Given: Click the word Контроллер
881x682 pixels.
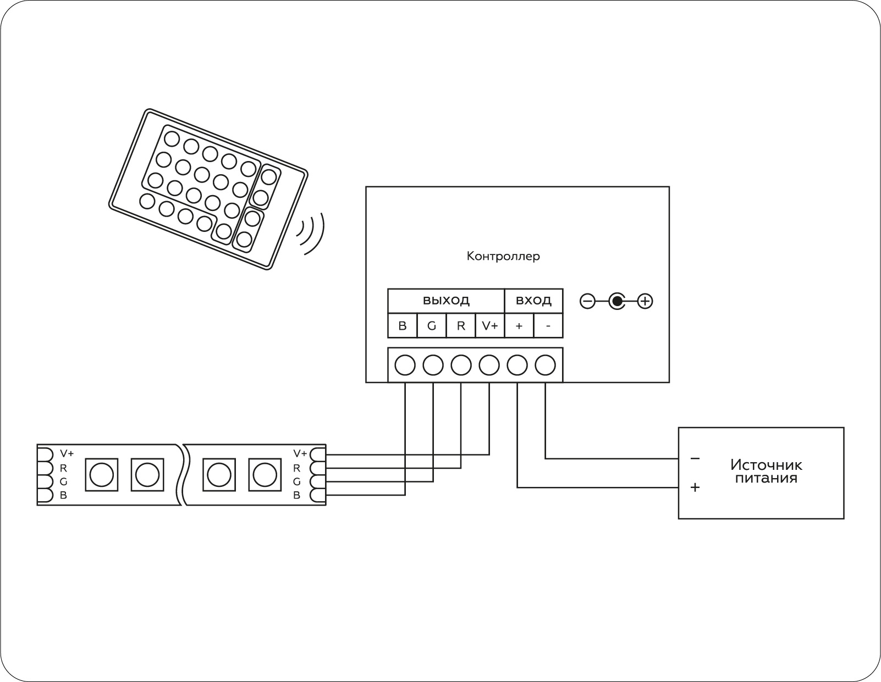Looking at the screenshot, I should click(x=503, y=256).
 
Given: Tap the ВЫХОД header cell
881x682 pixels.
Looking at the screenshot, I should click(x=446, y=301).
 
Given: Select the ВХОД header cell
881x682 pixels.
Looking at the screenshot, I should click(x=533, y=301).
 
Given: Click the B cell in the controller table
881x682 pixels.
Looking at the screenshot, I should click(x=403, y=326).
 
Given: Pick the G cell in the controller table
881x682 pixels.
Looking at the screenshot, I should click(x=432, y=326).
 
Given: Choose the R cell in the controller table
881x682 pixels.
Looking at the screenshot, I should click(x=461, y=326).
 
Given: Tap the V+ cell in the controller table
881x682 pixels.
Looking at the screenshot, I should click(x=490, y=326).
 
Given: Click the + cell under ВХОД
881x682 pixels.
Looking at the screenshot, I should click(x=519, y=326).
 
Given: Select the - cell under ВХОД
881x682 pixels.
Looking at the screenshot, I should click(x=548, y=326).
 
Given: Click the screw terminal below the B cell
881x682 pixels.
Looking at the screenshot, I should click(x=405, y=365).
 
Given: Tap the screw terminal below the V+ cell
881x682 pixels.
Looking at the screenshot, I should click(x=489, y=365).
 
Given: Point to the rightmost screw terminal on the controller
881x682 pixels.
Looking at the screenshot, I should click(x=545, y=365).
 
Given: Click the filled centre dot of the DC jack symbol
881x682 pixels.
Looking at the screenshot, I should click(x=617, y=301).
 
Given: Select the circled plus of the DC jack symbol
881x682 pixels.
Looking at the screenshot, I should click(x=645, y=301).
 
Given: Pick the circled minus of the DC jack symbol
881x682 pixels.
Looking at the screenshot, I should click(x=587, y=301).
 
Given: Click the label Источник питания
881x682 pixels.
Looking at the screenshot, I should click(x=766, y=472).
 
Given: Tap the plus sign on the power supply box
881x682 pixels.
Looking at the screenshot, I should click(x=695, y=487).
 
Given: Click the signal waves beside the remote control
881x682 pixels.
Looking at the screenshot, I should click(x=312, y=234).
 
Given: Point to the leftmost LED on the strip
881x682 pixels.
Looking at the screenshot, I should click(x=101, y=474).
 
